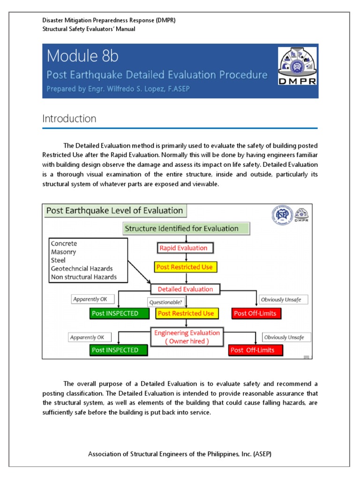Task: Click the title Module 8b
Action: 82,56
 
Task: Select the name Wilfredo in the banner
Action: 128,90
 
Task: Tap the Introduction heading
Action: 69,119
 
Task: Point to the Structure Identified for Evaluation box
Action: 186,229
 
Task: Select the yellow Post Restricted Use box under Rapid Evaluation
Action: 184,267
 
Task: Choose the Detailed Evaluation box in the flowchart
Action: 185,289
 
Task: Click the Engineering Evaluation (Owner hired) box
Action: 187,337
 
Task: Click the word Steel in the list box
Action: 59,260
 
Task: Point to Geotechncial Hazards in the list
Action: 82,269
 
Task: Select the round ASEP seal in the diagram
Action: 280,215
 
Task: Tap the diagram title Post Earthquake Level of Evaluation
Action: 114,210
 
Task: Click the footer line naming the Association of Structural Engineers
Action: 180,454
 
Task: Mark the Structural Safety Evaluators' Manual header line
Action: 89,29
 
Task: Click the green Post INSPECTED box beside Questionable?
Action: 115,314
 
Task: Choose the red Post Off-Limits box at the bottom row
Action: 252,350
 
